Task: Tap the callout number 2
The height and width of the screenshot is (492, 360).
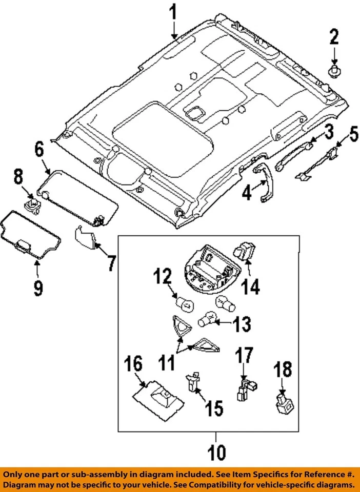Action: [334, 37]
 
